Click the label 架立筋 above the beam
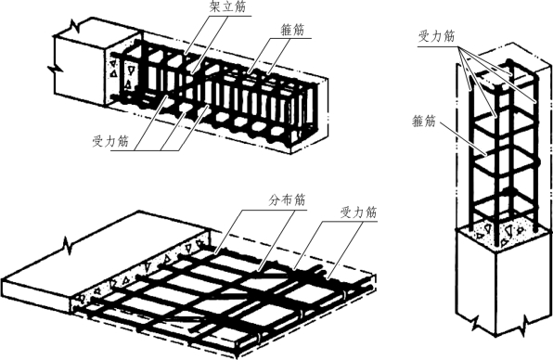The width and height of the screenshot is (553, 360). (x=227, y=6)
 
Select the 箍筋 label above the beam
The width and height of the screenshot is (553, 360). (x=292, y=30)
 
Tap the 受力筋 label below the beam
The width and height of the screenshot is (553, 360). (x=110, y=141)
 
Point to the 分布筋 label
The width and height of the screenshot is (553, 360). (x=287, y=200)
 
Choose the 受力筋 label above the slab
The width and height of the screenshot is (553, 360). (x=358, y=212)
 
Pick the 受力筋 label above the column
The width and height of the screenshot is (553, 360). (x=437, y=36)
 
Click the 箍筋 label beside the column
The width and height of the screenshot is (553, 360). (x=424, y=122)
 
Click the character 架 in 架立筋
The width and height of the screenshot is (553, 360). (x=215, y=6)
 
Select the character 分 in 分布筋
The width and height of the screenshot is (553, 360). (x=275, y=200)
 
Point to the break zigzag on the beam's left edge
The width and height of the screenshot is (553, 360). (x=55, y=68)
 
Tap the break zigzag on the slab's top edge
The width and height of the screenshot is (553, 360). (x=68, y=245)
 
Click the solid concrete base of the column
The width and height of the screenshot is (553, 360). (x=503, y=282)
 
